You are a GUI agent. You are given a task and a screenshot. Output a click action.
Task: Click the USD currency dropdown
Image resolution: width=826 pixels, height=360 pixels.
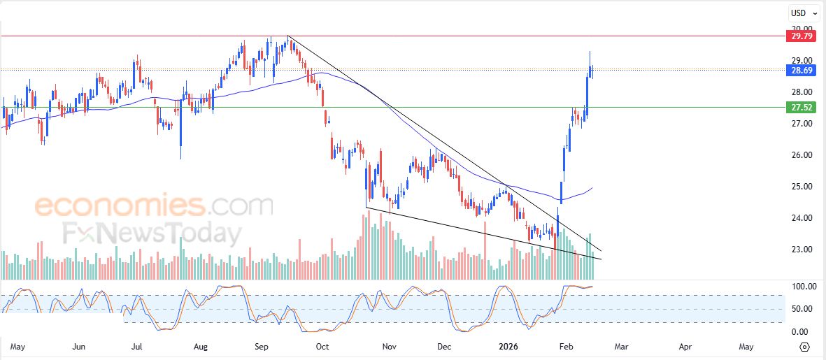click(x=803, y=13)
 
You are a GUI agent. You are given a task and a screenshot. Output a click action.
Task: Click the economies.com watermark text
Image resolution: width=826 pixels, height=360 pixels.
click(x=154, y=206)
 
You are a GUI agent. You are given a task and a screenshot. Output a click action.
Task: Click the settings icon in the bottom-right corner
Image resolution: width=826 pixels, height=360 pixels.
click(x=804, y=347)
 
